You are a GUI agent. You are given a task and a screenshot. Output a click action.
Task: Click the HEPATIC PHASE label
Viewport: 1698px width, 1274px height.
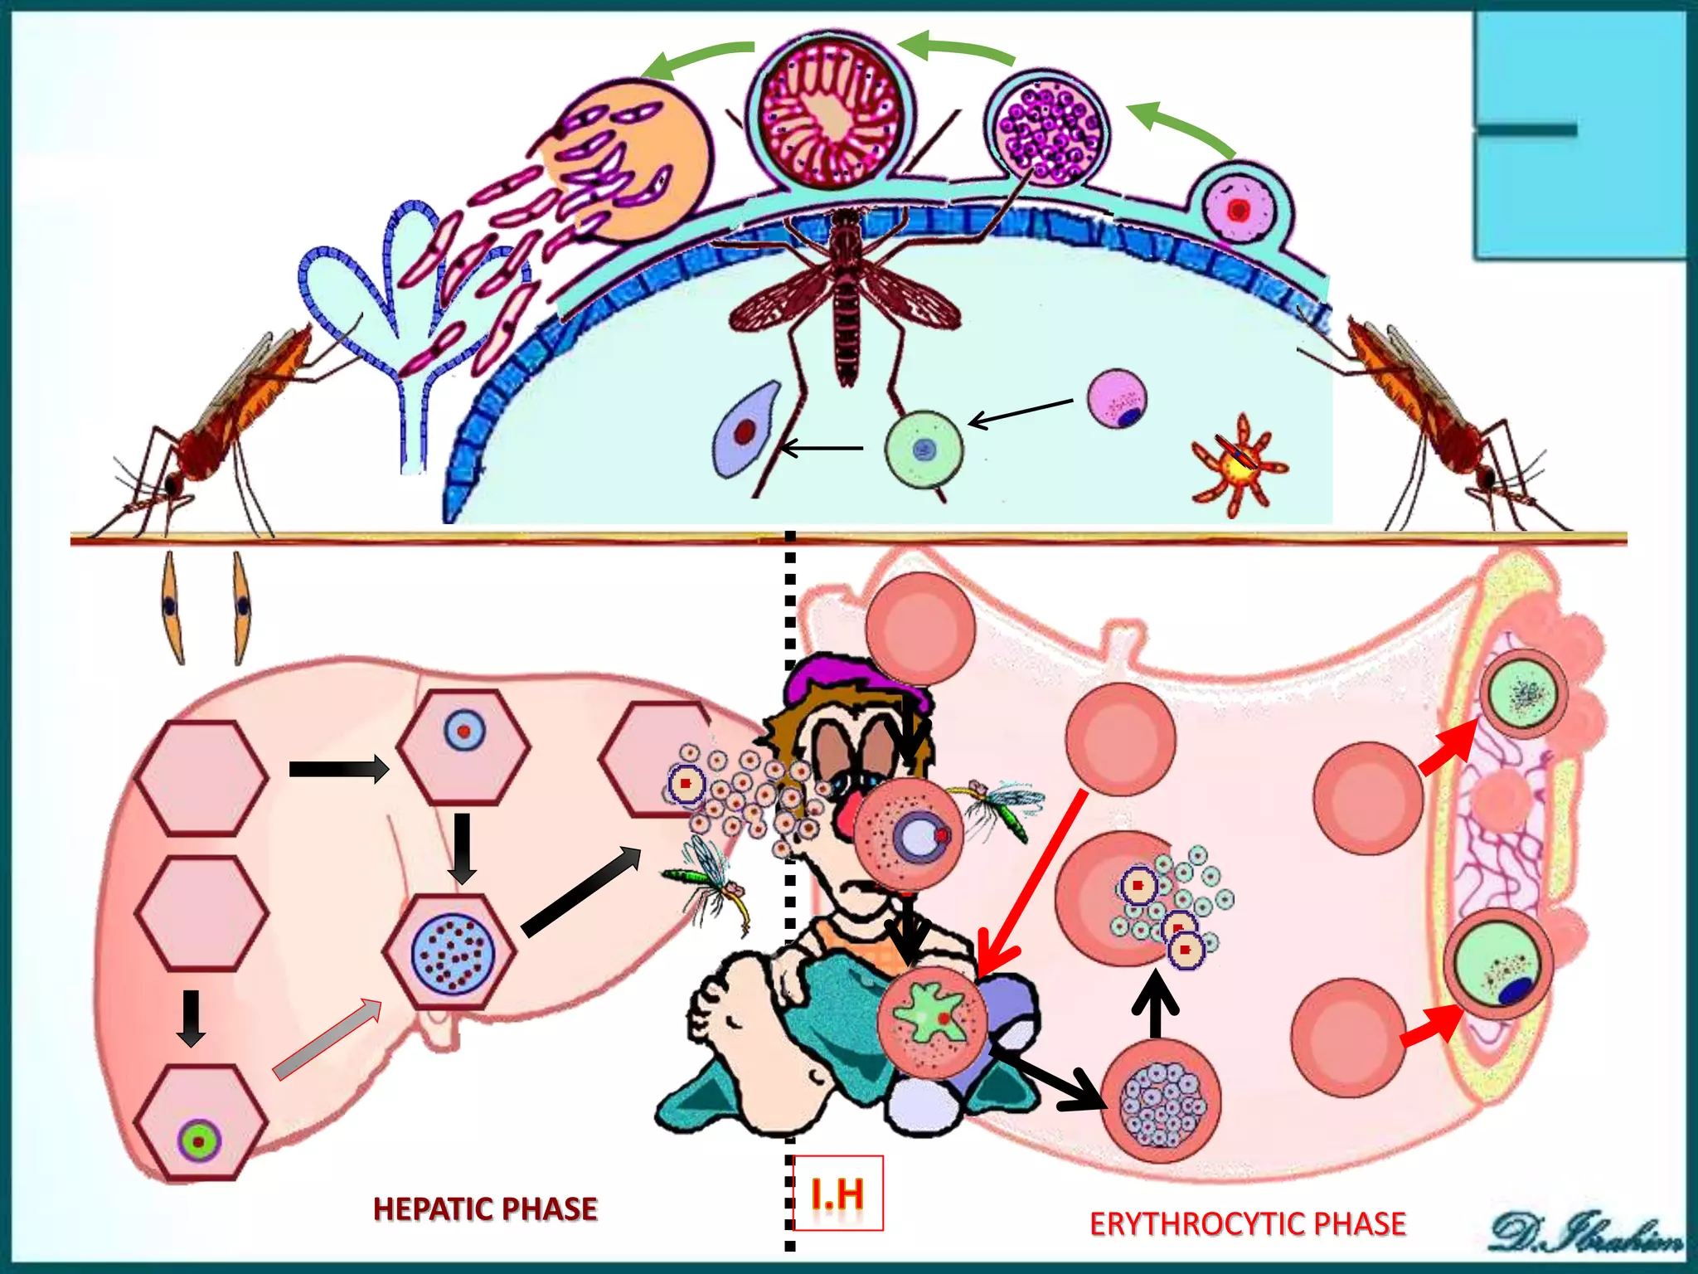coord(485,1208)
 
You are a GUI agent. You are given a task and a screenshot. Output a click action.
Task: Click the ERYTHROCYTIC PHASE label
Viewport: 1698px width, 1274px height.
coord(1247,1224)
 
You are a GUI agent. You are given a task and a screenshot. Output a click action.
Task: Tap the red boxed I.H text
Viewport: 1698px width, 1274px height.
coord(838,1194)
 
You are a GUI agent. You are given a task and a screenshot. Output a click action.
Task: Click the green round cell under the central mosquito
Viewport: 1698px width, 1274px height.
coord(924,450)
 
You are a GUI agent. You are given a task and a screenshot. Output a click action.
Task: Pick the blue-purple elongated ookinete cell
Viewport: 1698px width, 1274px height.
coord(745,430)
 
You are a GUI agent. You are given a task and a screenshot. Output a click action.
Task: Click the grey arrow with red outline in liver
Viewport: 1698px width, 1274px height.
coord(327,1040)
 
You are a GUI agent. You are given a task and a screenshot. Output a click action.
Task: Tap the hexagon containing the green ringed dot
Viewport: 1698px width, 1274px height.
coord(200,1124)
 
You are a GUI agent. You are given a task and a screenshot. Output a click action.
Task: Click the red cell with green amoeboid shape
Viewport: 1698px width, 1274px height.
coord(933,1021)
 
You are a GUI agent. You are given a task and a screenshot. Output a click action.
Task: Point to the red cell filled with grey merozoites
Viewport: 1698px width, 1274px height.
coord(1161,1102)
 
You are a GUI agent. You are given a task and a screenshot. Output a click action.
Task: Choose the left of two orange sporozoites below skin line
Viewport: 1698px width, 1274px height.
coord(172,607)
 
